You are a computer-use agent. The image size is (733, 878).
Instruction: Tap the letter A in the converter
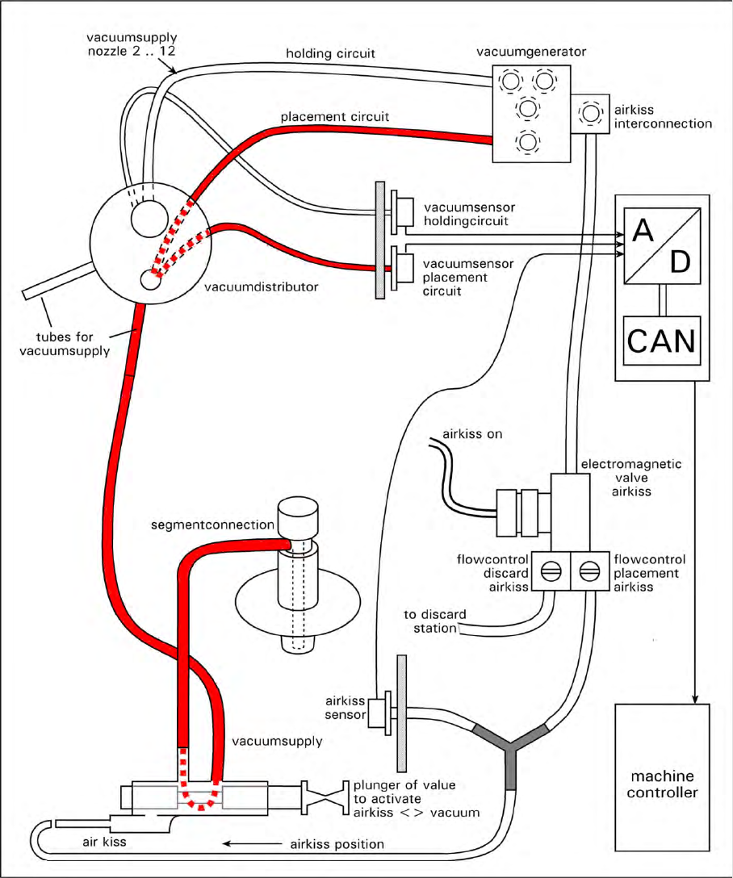tap(643, 232)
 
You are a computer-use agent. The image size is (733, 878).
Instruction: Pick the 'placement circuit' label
tap(335, 117)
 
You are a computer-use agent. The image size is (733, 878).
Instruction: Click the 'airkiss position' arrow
tap(250, 843)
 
